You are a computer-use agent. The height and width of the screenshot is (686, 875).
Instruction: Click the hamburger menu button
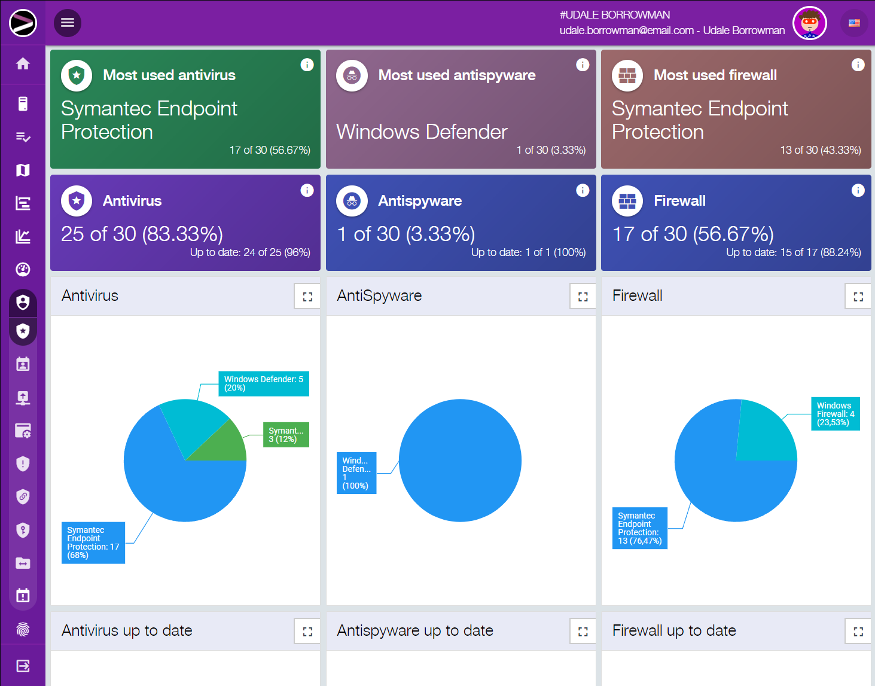click(68, 23)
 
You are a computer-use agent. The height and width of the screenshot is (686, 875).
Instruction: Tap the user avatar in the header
click(809, 23)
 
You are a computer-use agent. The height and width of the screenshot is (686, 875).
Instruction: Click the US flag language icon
click(854, 23)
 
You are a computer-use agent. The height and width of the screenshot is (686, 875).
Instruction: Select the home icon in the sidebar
click(23, 63)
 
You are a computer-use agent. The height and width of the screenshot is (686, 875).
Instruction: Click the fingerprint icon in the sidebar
click(23, 629)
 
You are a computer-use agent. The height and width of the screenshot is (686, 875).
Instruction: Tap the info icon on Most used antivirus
click(307, 65)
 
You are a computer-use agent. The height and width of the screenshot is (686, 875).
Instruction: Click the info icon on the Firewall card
click(858, 190)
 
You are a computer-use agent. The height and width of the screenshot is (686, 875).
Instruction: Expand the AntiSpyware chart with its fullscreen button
click(583, 296)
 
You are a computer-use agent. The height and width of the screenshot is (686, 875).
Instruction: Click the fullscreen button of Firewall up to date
click(858, 631)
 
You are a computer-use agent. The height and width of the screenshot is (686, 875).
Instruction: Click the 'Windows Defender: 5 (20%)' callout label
click(263, 383)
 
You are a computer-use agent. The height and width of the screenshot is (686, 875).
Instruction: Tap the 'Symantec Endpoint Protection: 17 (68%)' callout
click(93, 542)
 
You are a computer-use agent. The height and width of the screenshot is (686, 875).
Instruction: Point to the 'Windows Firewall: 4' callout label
click(835, 413)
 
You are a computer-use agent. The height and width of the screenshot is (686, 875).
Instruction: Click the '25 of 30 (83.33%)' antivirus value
click(142, 234)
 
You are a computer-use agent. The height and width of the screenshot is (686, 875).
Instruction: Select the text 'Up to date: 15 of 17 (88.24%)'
click(793, 252)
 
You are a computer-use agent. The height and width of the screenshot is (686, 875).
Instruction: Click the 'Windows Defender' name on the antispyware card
click(422, 132)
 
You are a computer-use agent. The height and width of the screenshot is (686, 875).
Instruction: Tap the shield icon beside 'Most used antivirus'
click(77, 75)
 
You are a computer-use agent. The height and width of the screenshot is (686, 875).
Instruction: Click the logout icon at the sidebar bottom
click(23, 666)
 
